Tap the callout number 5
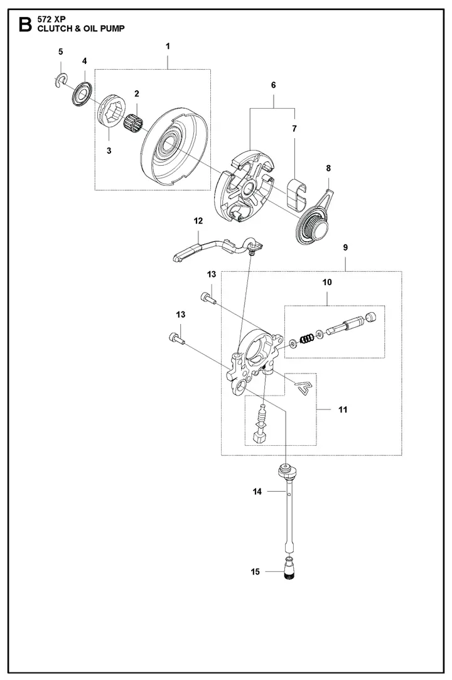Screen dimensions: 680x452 click(x=60, y=51)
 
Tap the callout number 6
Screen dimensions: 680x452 click(x=273, y=84)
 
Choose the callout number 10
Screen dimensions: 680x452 click(x=326, y=283)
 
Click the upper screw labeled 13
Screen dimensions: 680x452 click(x=209, y=298)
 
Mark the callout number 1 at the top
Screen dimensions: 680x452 click(x=168, y=46)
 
